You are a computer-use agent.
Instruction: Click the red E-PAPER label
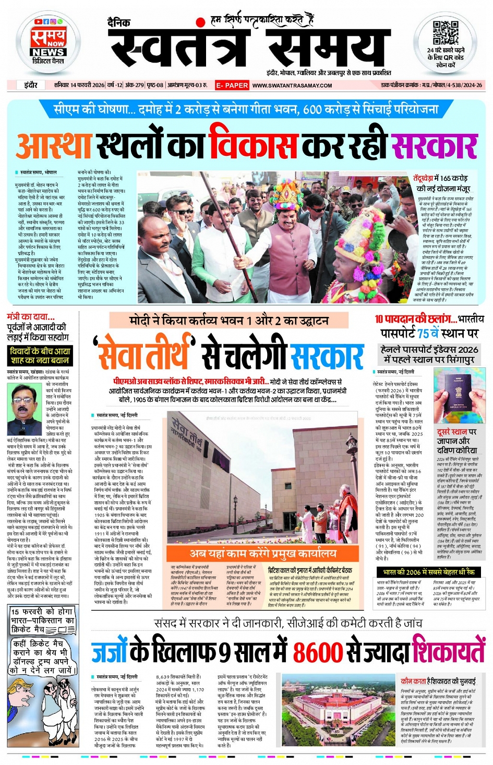coord(232,85)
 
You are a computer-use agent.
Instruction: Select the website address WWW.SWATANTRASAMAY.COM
coord(292,85)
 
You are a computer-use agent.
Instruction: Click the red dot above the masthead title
coord(199,22)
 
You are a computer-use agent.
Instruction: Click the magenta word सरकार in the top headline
coord(435,145)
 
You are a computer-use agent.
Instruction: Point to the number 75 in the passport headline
coord(423,334)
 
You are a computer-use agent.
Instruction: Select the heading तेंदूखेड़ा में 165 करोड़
coord(441,183)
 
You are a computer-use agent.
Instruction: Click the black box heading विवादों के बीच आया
coord(40,356)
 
